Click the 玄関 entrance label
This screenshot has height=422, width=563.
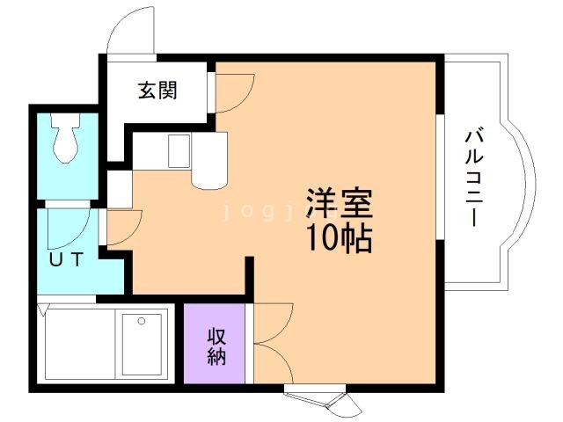pos(157,91)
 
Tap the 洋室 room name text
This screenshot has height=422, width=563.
pos(339,204)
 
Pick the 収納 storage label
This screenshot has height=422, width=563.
pos(216,346)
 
